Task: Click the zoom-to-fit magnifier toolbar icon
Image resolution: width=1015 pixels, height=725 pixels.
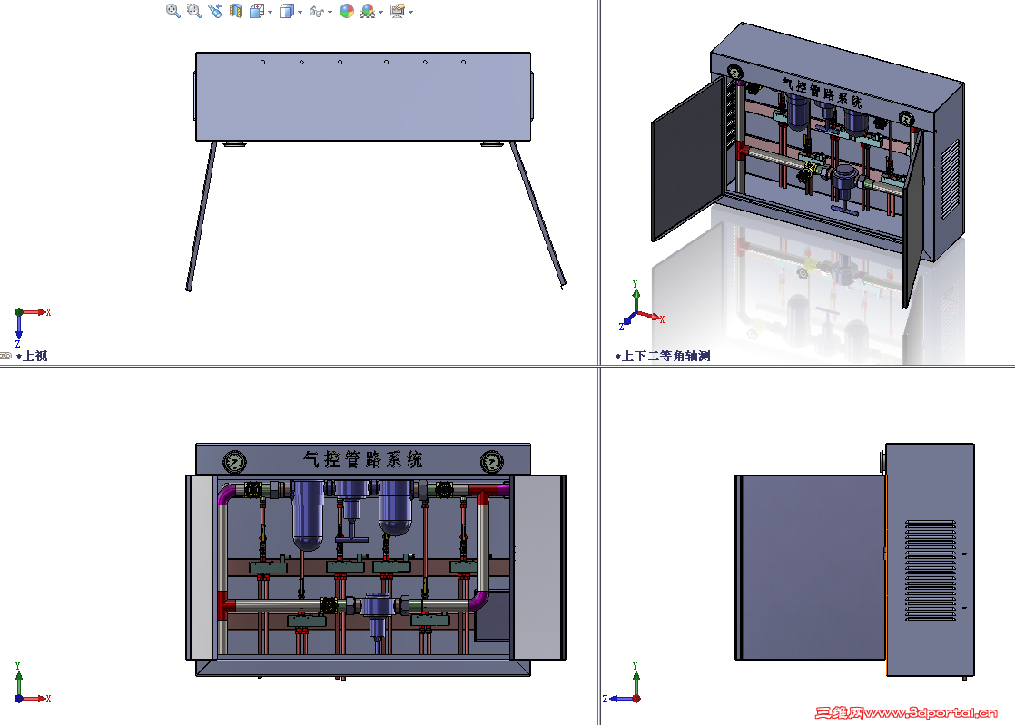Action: pyautogui.click(x=172, y=10)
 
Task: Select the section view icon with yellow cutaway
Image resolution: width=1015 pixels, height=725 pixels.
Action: pyautogui.click(x=236, y=10)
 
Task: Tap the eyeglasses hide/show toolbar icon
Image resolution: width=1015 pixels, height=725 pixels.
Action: pyautogui.click(x=317, y=11)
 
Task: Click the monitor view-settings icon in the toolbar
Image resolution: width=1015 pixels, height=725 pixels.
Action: pyautogui.click(x=398, y=10)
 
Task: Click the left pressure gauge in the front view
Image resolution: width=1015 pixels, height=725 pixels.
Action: pyautogui.click(x=235, y=462)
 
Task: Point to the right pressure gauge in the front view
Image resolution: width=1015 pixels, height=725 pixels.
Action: pyautogui.click(x=492, y=462)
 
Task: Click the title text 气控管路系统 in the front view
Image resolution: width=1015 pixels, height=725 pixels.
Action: pyautogui.click(x=363, y=459)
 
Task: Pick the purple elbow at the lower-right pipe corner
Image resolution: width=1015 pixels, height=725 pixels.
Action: pyautogui.click(x=479, y=601)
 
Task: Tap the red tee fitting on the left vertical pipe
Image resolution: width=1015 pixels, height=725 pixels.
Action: pyautogui.click(x=224, y=605)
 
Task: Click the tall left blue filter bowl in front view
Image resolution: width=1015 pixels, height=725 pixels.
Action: pyautogui.click(x=308, y=515)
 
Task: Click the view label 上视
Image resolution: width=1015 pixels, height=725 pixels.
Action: pyautogui.click(x=35, y=356)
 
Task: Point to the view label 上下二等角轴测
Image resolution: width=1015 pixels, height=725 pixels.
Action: pyautogui.click(x=666, y=356)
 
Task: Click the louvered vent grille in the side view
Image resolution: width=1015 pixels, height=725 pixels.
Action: pyautogui.click(x=931, y=570)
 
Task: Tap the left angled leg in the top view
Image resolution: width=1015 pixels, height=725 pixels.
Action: pyautogui.click(x=202, y=217)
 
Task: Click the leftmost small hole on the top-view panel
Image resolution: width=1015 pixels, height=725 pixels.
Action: pyautogui.click(x=262, y=62)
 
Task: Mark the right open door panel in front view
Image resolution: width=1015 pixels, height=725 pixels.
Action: pyautogui.click(x=538, y=567)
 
